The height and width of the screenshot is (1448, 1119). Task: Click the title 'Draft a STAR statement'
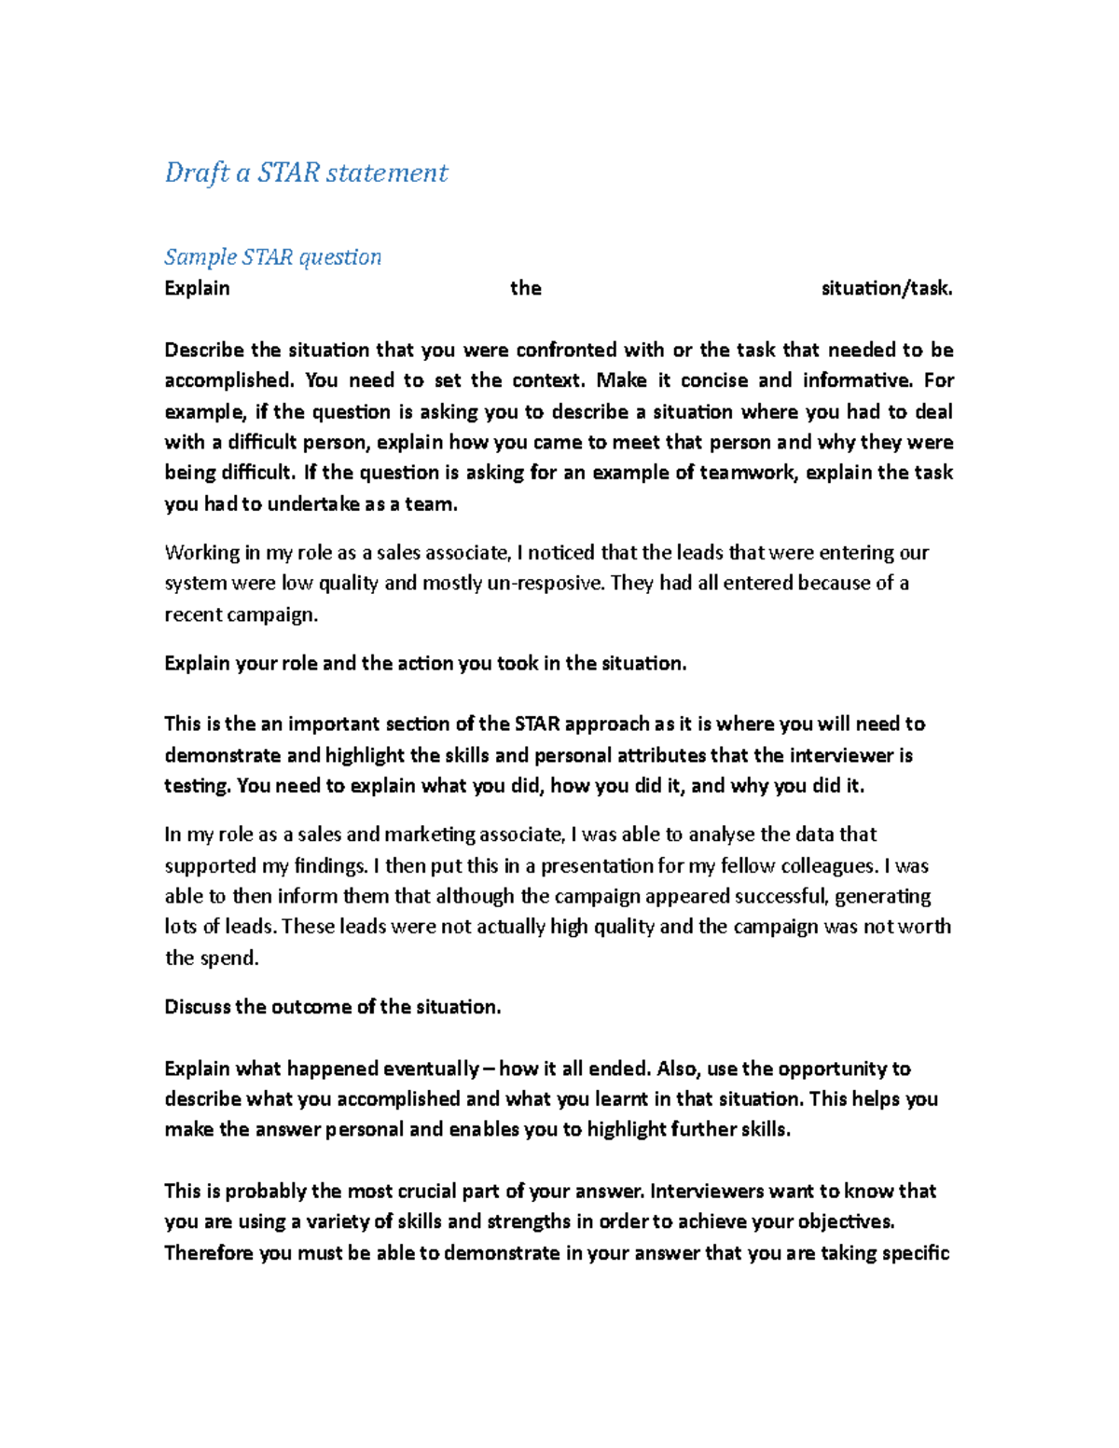pyautogui.click(x=306, y=172)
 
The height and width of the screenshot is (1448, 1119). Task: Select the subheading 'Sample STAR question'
pyautogui.click(x=272, y=256)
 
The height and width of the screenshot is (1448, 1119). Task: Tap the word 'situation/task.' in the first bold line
pyautogui.click(x=886, y=288)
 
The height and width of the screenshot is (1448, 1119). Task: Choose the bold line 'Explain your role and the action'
pyautogui.click(x=425, y=664)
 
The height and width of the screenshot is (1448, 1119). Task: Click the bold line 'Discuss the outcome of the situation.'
pyautogui.click(x=333, y=1007)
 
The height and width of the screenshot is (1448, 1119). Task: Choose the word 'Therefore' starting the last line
pyautogui.click(x=209, y=1253)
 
